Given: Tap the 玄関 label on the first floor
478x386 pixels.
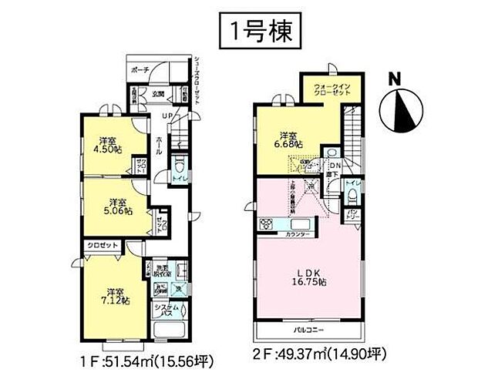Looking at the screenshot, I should (x=158, y=93).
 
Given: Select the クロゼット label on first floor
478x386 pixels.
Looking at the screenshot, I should (x=101, y=244).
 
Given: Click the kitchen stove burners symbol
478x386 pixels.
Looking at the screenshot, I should (x=267, y=225).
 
